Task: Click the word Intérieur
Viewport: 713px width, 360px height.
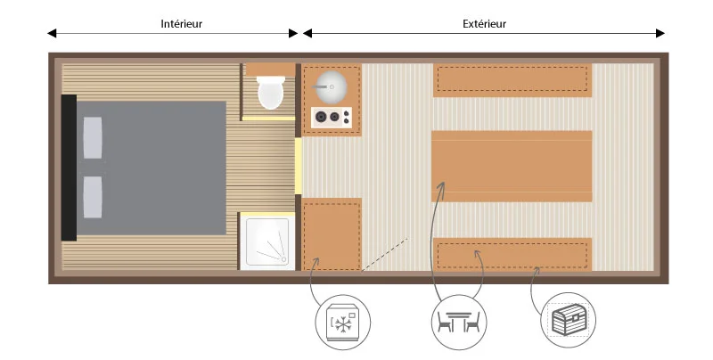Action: click(x=181, y=24)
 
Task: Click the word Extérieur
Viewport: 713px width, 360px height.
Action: click(x=484, y=24)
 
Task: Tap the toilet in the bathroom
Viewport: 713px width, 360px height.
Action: click(x=271, y=93)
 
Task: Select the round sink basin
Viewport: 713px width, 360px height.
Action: click(x=332, y=86)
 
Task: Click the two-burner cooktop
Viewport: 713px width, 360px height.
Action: click(x=332, y=118)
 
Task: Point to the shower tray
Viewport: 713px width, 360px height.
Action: click(x=267, y=241)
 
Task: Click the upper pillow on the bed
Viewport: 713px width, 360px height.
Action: click(x=93, y=138)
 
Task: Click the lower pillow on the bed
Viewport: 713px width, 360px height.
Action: click(x=93, y=197)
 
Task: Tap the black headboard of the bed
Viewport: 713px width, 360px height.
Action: click(x=69, y=168)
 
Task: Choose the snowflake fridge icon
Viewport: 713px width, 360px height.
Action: click(x=343, y=323)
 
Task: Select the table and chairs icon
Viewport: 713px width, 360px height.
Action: click(x=459, y=323)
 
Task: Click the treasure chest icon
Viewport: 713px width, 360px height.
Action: click(x=568, y=320)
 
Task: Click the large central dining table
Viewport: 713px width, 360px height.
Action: click(x=512, y=167)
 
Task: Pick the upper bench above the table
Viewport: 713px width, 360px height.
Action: click(x=512, y=80)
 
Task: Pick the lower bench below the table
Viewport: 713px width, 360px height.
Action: click(x=512, y=255)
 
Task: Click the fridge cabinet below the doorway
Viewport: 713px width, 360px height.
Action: click(x=332, y=234)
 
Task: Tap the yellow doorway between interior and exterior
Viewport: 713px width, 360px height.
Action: click(x=299, y=166)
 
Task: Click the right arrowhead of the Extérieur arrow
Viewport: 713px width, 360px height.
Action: click(x=660, y=33)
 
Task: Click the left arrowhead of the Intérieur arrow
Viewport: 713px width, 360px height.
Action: click(x=52, y=33)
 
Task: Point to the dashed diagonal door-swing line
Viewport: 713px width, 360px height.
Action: click(x=385, y=254)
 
